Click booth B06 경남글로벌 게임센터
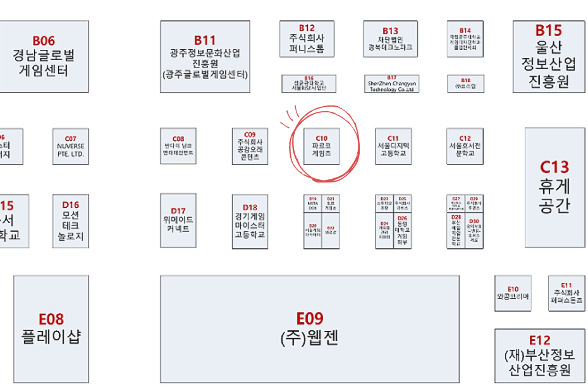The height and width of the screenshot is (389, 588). pos(39,57)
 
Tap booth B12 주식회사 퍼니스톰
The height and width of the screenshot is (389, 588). pos(307,39)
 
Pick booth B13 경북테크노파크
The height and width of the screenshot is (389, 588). pos(390,39)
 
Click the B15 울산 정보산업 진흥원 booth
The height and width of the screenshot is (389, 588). pos(548,57)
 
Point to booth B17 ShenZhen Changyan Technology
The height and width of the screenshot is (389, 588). pos(391,83)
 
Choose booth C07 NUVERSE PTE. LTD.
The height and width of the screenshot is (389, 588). pos(71,147)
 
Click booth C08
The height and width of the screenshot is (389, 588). pos(178,147)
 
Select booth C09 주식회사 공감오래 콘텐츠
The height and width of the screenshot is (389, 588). pos(250,147)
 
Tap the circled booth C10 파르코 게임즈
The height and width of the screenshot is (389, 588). pos(322,147)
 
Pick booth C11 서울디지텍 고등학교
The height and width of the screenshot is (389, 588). pos(393,147)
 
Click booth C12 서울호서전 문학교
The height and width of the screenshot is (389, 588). pos(465,147)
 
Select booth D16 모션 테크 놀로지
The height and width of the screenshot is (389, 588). pos(71,220)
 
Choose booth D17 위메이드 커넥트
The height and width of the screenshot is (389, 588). pos(178,220)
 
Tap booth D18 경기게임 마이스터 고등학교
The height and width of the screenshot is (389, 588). pos(250,220)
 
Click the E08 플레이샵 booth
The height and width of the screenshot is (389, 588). pos(51,328)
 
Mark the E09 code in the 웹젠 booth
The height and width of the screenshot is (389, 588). pos(310,319)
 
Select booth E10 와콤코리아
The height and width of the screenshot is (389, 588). pos(513,293)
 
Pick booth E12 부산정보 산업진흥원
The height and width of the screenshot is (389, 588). pos(540,356)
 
